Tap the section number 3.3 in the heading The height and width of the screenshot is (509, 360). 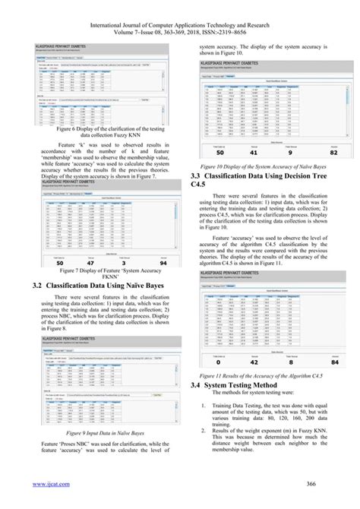click(195, 175)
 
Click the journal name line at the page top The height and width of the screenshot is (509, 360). click(180, 15)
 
